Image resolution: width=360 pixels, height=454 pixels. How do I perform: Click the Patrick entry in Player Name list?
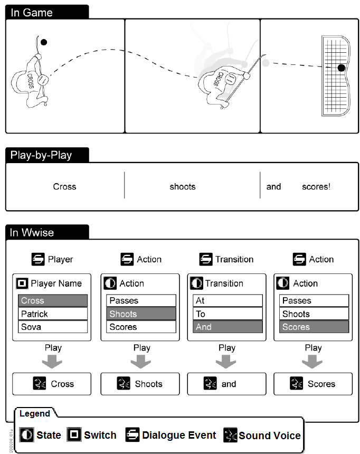click(x=53, y=314)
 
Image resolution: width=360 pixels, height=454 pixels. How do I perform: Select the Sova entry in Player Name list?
click(x=53, y=327)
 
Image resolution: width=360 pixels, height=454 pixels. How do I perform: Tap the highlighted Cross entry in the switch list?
click(x=53, y=300)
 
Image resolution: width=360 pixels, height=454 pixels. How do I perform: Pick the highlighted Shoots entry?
click(x=141, y=314)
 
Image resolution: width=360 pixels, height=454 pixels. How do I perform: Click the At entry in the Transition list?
click(x=228, y=300)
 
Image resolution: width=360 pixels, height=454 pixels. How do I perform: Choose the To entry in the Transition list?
click(x=228, y=314)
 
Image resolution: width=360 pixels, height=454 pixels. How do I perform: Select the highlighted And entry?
click(x=228, y=327)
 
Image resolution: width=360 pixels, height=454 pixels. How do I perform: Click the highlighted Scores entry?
click(x=314, y=327)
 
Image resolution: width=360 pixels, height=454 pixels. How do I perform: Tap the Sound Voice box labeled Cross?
click(x=52, y=384)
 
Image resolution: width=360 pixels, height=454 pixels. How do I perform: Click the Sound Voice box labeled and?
click(x=226, y=384)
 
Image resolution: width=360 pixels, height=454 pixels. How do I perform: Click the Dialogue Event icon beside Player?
click(x=38, y=259)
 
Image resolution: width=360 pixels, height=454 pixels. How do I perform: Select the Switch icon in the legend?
click(x=74, y=435)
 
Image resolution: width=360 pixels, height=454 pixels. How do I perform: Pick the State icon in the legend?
click(x=27, y=435)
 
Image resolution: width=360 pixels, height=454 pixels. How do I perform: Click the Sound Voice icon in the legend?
click(x=231, y=435)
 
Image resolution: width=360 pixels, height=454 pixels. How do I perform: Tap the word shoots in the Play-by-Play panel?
click(x=183, y=186)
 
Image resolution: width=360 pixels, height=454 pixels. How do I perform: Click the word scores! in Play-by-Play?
click(x=316, y=186)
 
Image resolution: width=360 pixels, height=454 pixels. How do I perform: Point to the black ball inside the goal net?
click(x=342, y=68)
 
